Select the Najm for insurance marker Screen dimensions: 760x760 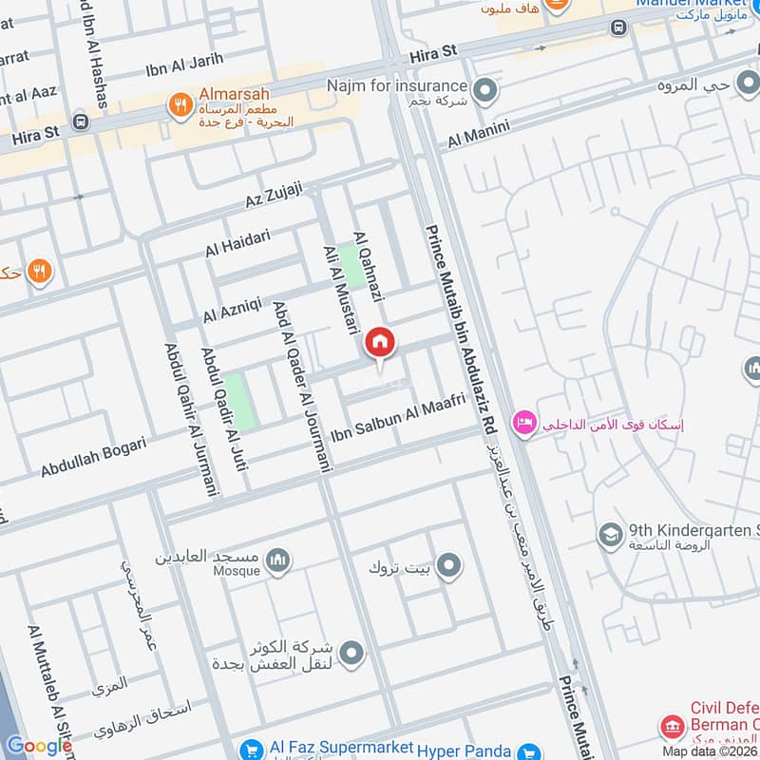click(485, 92)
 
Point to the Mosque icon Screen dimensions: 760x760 click(277, 560)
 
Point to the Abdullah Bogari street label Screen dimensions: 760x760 click(93, 457)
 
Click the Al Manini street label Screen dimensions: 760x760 click(479, 133)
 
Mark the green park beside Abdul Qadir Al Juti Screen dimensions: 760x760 click(239, 401)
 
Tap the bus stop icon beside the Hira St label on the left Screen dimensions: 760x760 click(80, 122)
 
